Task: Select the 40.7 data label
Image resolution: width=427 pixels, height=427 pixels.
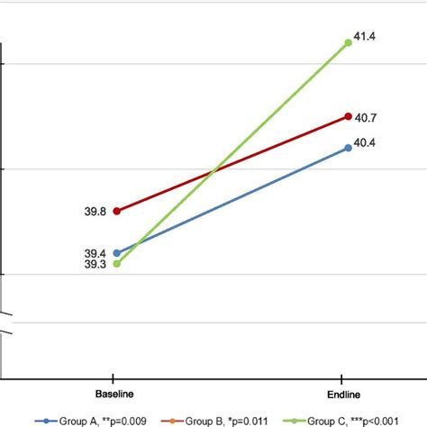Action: click(x=364, y=116)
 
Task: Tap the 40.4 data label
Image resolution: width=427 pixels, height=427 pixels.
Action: click(x=364, y=142)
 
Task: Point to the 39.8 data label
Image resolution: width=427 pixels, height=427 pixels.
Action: click(x=95, y=211)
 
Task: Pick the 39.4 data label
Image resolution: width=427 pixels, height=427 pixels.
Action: click(x=95, y=254)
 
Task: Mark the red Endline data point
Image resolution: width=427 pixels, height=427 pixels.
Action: click(x=348, y=116)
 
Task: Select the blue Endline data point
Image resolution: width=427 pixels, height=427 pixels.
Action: click(x=348, y=147)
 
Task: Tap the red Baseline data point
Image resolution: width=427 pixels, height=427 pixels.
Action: click(x=116, y=211)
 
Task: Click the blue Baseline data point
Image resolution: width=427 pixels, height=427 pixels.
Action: click(x=116, y=252)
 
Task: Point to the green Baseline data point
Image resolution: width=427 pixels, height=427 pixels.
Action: click(x=116, y=264)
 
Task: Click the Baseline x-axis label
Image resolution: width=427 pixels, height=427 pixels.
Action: click(x=116, y=395)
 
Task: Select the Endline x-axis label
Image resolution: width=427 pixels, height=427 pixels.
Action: click(x=347, y=395)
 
